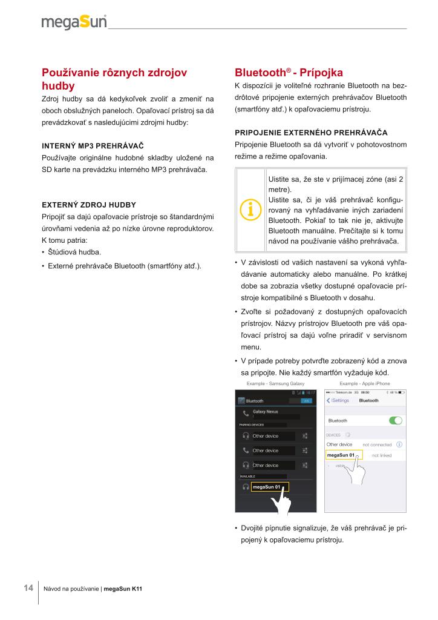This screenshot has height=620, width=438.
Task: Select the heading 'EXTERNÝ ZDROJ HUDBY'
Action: click(88, 205)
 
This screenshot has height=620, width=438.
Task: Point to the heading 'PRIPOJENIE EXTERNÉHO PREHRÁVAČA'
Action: click(310, 132)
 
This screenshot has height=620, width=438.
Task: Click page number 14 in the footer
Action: click(28, 588)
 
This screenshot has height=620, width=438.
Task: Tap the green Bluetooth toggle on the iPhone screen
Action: click(396, 420)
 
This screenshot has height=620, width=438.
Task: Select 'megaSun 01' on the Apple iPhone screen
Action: click(341, 455)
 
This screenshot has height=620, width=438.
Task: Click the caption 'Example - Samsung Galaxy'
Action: click(275, 384)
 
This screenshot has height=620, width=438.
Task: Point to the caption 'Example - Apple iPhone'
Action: click(364, 384)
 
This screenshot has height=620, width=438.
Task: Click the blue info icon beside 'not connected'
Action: click(399, 444)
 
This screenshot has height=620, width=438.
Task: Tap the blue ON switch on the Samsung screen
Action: click(306, 401)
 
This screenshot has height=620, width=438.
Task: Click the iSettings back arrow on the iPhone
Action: click(329, 400)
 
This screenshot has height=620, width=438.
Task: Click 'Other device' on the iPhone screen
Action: click(339, 444)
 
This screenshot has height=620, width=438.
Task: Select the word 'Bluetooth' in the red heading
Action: click(261, 72)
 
